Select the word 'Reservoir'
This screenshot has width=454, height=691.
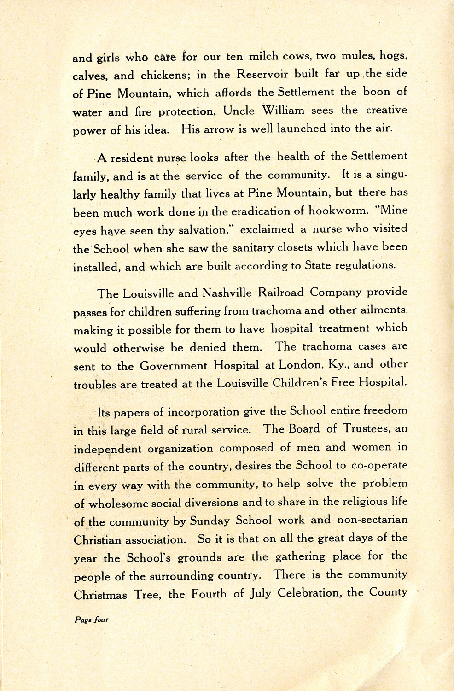pyautogui.click(x=263, y=74)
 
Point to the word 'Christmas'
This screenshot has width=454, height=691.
pyautogui.click(x=100, y=594)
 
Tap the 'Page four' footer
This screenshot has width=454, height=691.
pyautogui.click(x=91, y=620)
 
